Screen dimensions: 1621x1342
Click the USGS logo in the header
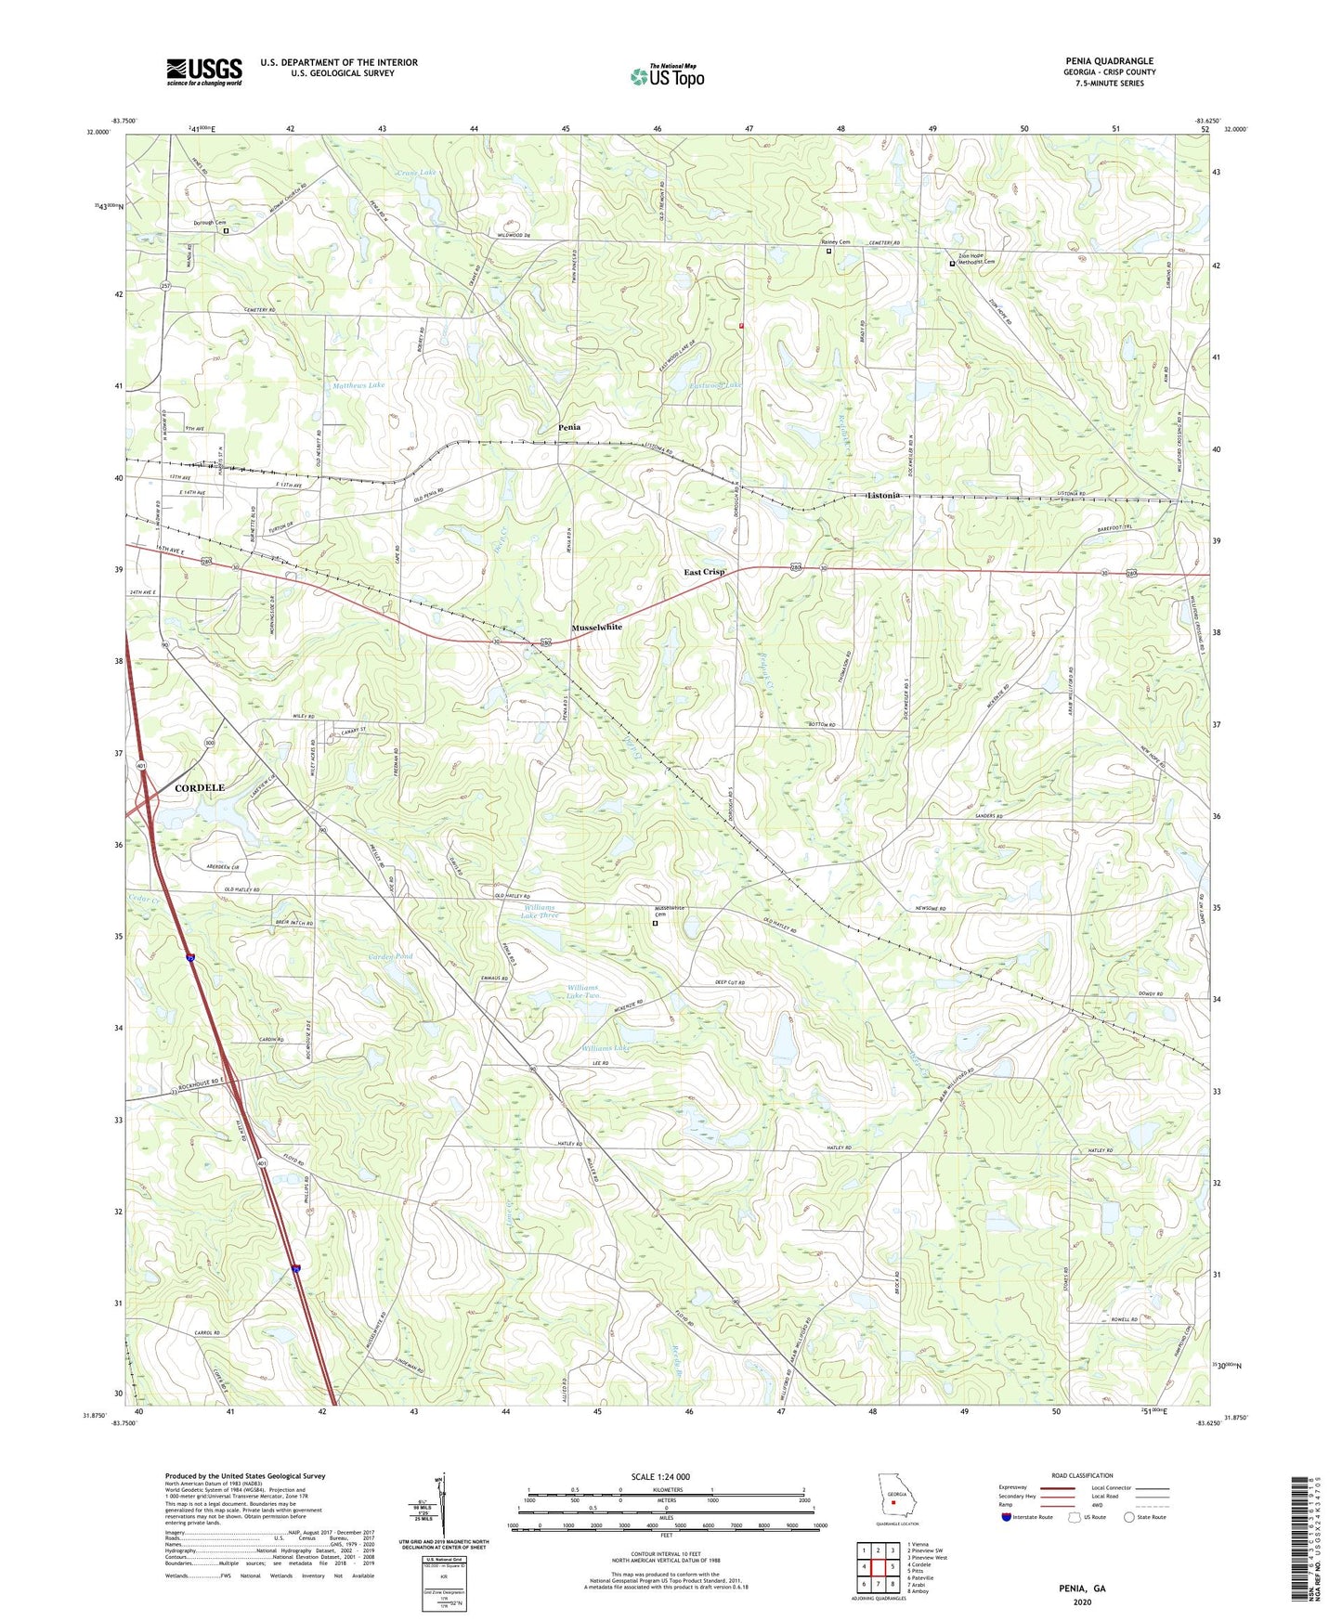click(x=203, y=71)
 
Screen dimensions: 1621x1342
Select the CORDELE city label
click(x=199, y=787)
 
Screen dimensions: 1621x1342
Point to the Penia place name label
click(x=569, y=427)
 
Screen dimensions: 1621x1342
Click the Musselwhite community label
click(x=596, y=628)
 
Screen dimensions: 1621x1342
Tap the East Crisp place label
click(x=704, y=572)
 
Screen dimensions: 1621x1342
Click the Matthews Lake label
click(x=358, y=384)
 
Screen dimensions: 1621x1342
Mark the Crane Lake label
click(x=415, y=173)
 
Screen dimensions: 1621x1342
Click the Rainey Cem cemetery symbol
click(x=829, y=251)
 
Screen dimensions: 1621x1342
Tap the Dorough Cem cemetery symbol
click(x=226, y=231)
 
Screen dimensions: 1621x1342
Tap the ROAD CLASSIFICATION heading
click(x=1082, y=1475)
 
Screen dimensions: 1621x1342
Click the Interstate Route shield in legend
click(x=1008, y=1518)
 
